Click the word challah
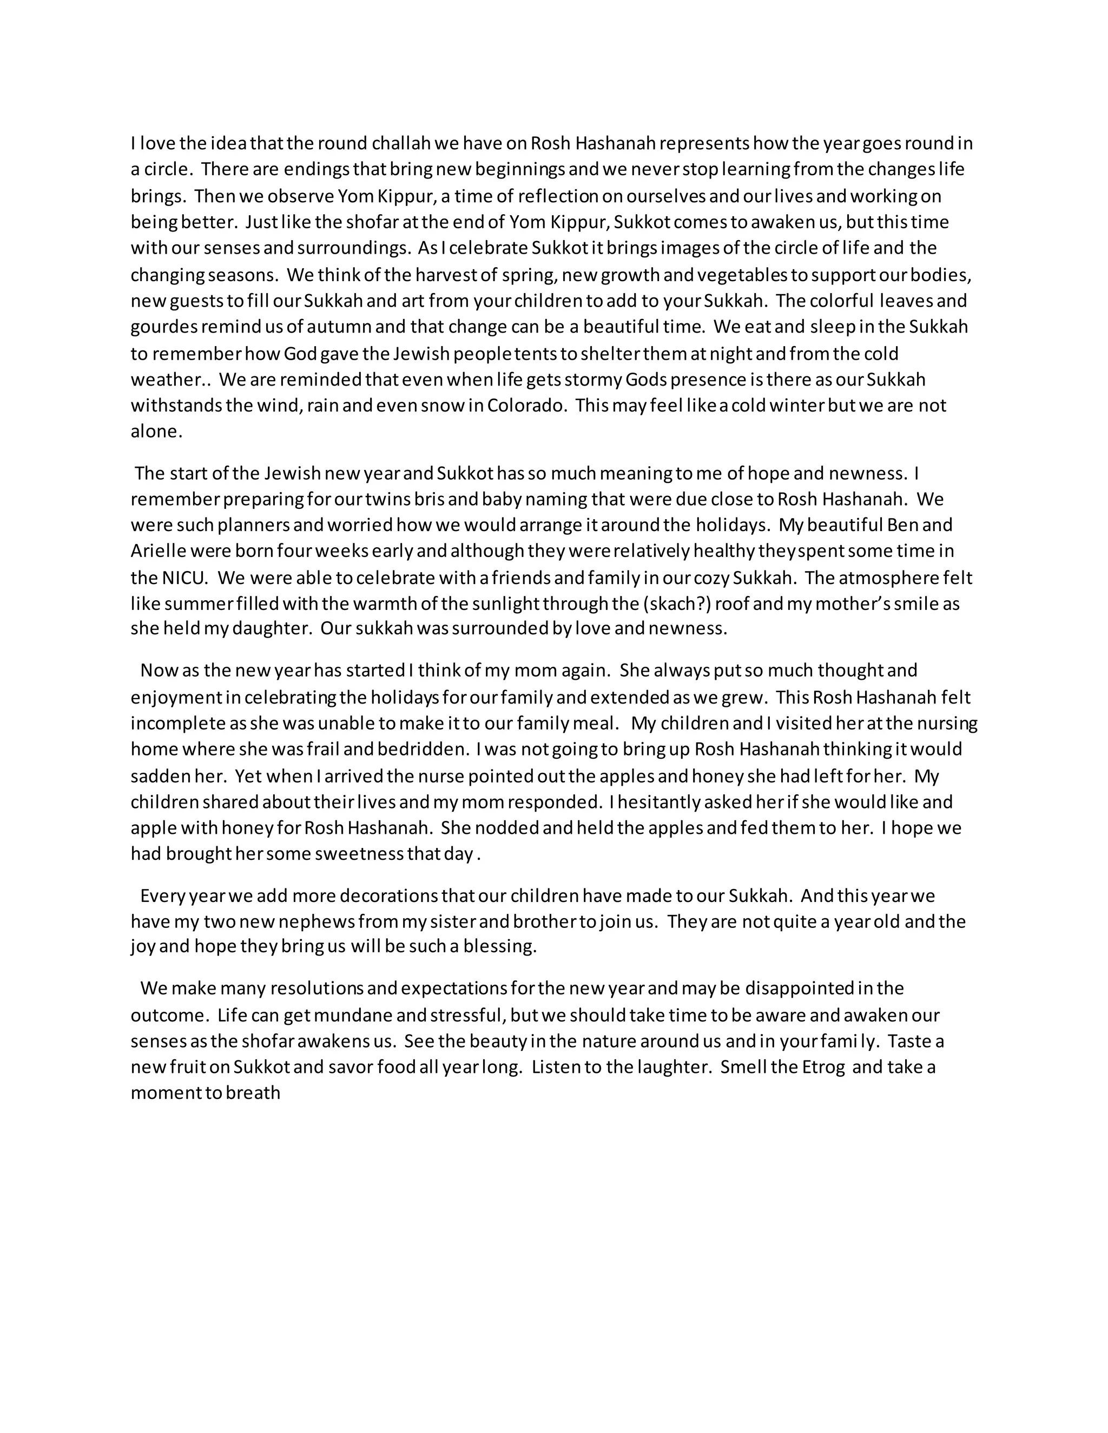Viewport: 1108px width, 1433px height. click(x=403, y=143)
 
